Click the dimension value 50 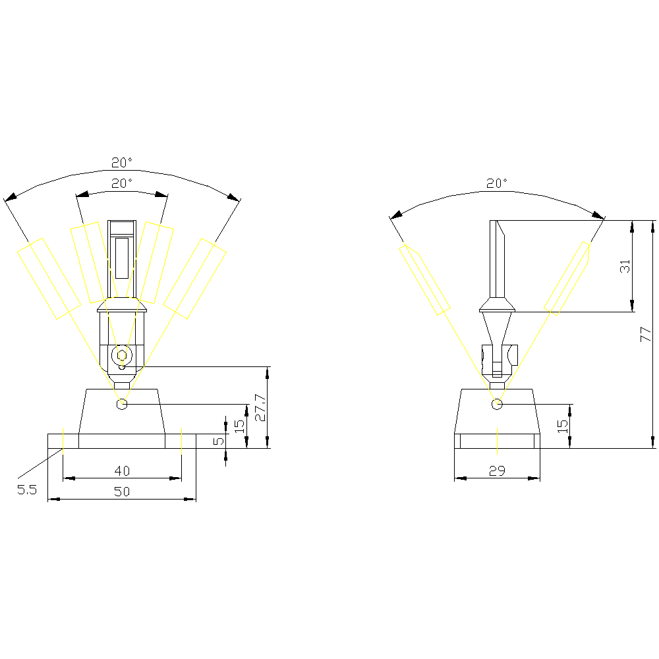122,492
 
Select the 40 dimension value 122,471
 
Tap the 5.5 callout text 27,490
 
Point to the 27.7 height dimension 260,407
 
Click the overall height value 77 646,335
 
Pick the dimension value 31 625,266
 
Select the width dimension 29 497,471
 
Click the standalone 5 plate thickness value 219,441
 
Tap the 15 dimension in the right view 562,426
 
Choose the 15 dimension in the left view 239,426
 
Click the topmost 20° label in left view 122,162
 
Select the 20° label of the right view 497,183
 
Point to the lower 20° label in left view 122,183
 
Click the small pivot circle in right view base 497,404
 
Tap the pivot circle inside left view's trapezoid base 122,404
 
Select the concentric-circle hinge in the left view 122,356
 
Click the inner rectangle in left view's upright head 122,258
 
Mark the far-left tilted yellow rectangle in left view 49,279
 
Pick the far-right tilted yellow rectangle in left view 194,279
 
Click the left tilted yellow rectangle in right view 424,280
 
